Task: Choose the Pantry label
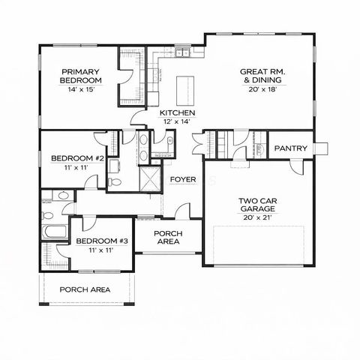pyautogui.click(x=291, y=148)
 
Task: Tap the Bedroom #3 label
pyautogui.click(x=102, y=241)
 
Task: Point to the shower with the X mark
pyautogui.click(x=150, y=178)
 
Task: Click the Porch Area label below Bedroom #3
pyautogui.click(x=85, y=289)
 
